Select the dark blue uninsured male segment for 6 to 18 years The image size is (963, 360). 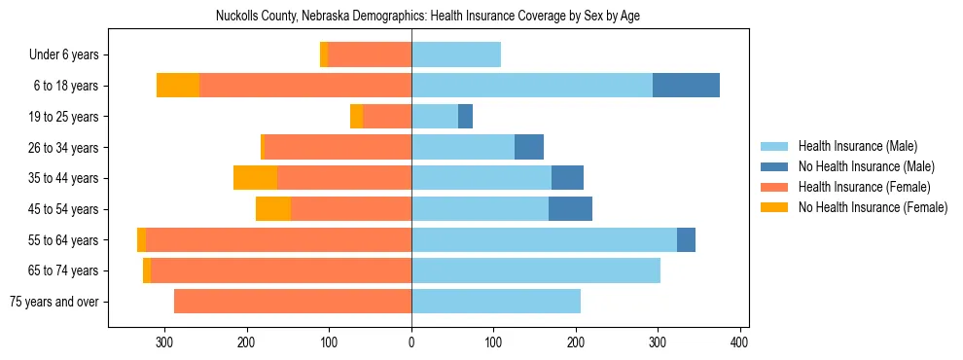tap(686, 86)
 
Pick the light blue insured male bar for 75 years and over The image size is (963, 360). tap(496, 302)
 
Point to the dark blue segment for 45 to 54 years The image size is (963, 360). tap(570, 209)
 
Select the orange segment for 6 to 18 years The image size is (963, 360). tap(178, 86)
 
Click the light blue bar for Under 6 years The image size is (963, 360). tap(456, 55)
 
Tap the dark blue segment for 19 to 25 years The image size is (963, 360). tap(465, 117)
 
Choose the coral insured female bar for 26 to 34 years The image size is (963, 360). tap(338, 148)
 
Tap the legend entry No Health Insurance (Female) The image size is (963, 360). tap(872, 207)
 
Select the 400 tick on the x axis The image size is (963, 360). tap(739, 342)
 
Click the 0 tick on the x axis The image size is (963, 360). tap(411, 342)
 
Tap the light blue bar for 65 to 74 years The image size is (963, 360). tap(536, 271)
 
